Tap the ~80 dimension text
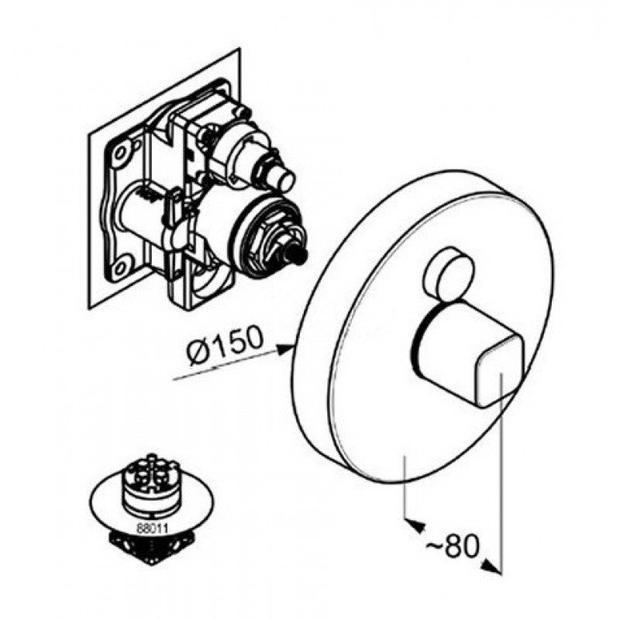pos(453,547)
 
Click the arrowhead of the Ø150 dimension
pos(284,350)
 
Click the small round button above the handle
pos(449,271)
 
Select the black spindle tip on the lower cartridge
pos(298,252)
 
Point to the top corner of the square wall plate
pos(239,48)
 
